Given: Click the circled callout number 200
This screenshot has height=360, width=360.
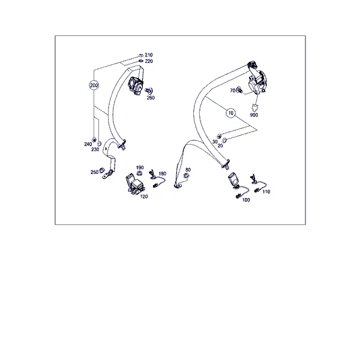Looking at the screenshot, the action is coord(94,85).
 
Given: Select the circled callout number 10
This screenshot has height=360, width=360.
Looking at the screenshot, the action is coord(231,113).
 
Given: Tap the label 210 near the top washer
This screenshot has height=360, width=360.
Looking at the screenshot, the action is coord(149,55).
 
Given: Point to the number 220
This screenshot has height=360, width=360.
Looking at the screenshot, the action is coord(149,61).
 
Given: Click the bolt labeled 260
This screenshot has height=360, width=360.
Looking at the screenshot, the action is coord(149,91).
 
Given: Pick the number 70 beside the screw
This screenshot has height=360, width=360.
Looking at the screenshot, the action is coord(233,91).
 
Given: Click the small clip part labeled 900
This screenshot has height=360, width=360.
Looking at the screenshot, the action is coord(254,107).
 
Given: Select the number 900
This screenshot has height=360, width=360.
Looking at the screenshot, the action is coord(254,115).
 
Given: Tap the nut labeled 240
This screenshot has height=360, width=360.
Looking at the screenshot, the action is coord(94,139).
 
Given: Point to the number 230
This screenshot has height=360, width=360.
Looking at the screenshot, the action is coord(95,149).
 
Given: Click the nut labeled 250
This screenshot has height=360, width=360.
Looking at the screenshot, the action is coord(102,170).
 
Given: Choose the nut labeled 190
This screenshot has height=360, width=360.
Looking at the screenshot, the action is coord(139,173).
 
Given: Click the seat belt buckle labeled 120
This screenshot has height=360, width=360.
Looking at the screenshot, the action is coord(134,184).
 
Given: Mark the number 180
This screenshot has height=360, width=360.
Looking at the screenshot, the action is coord(163,173).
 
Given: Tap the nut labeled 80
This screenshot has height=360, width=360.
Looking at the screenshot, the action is coord(186,176).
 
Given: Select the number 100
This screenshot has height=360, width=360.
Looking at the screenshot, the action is coord(246,200).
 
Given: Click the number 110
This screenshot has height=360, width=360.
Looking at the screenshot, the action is coord(266,192).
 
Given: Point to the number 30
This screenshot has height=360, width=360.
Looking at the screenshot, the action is coord(215,142).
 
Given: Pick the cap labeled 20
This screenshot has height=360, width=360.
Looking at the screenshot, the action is coord(224,139).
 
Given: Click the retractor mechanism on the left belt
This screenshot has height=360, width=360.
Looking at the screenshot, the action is coord(136,85).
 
